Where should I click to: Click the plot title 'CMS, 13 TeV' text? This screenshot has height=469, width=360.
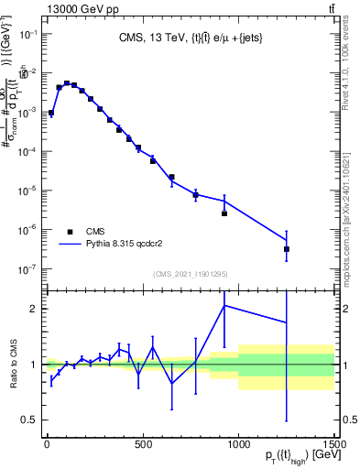148,39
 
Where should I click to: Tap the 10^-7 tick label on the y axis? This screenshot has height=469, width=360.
27,269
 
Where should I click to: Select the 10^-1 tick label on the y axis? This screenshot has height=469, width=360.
27,34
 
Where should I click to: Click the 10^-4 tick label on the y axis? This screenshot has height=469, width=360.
27,152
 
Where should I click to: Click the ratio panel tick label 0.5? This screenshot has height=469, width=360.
27,420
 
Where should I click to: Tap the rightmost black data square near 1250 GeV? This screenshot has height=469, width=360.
287,249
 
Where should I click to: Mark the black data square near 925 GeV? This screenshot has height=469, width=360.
224,213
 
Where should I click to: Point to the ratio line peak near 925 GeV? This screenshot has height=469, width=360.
224,306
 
